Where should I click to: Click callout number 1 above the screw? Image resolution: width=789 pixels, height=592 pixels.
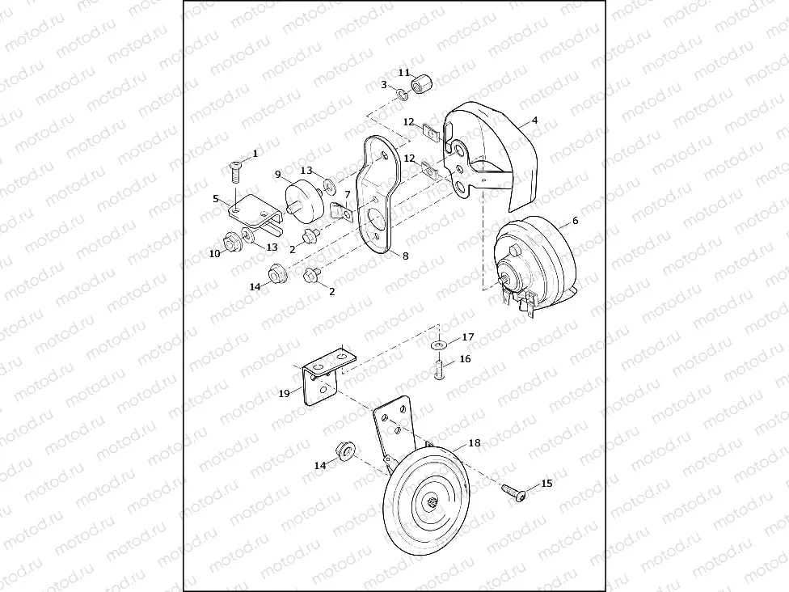point(255,154)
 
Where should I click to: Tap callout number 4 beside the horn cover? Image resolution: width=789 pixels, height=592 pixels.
point(534,121)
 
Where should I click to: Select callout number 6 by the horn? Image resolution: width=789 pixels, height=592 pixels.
point(575,221)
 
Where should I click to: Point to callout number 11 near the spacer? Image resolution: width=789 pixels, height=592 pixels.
point(404,73)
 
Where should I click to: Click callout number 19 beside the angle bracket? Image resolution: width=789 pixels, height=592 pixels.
point(285,393)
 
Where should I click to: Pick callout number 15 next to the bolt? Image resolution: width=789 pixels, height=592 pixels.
point(546,484)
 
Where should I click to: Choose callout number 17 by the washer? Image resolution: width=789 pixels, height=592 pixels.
point(468,336)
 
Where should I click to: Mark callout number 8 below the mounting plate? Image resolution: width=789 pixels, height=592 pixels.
point(406,256)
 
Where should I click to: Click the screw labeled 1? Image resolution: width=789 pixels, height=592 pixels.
point(235,171)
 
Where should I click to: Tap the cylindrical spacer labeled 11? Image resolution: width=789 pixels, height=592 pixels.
point(423,83)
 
